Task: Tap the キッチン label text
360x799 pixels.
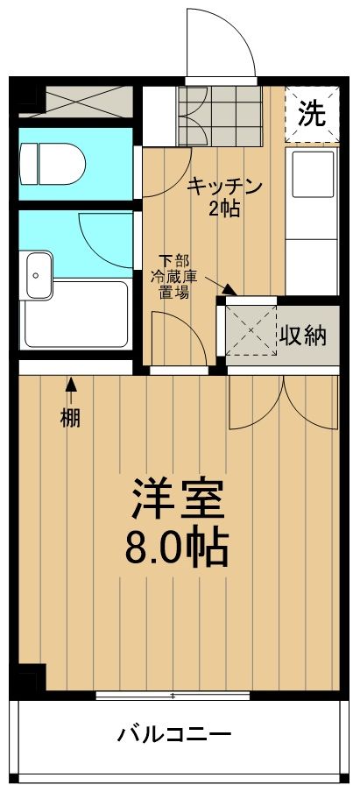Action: point(225,186)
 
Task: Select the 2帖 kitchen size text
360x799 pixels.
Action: point(224,209)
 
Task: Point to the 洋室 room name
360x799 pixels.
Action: point(179,500)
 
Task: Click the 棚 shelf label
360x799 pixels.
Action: point(70,418)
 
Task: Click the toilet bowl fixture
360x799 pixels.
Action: point(53,163)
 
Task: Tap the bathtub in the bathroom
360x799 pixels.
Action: point(77,314)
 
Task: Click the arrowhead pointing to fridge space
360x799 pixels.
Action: point(229,289)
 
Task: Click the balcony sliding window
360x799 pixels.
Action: point(173,696)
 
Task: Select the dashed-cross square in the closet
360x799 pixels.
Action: point(250,331)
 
